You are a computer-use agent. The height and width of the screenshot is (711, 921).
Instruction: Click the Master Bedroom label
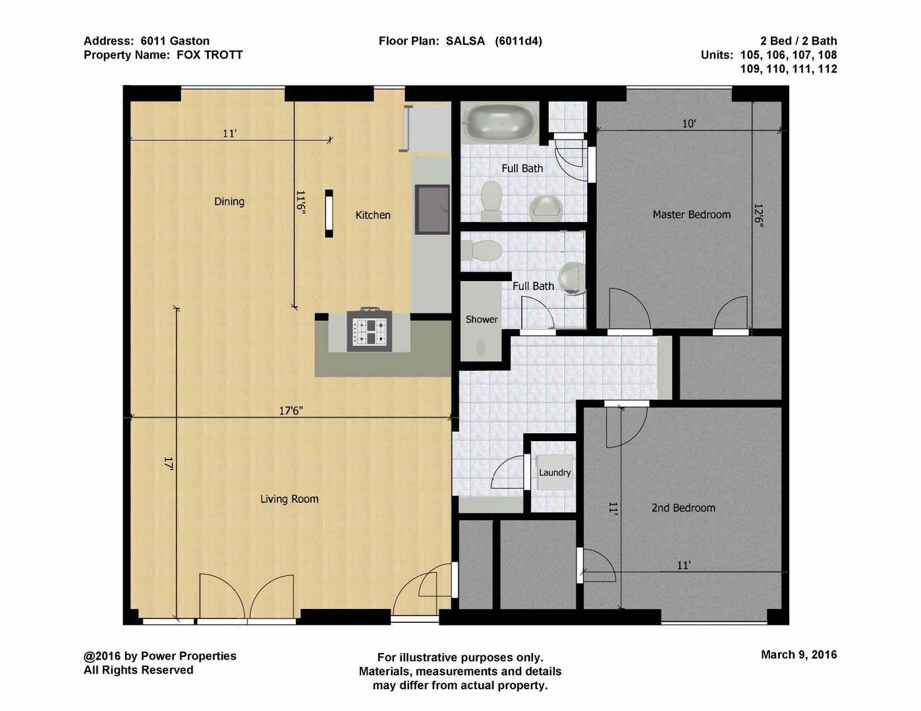(691, 215)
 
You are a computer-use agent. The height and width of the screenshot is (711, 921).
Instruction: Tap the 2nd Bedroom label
(683, 508)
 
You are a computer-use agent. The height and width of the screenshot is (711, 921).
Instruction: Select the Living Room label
(289, 499)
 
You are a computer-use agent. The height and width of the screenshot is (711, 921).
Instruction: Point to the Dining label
(229, 201)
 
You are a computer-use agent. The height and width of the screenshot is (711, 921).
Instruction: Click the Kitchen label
(373, 215)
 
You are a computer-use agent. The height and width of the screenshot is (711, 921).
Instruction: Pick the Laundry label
(555, 472)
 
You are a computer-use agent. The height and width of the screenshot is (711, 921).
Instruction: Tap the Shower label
(482, 319)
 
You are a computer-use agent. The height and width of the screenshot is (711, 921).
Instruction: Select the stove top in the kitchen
(370, 330)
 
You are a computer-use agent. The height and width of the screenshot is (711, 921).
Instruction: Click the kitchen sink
(432, 209)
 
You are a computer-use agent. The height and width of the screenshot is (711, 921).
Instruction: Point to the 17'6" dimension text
(291, 410)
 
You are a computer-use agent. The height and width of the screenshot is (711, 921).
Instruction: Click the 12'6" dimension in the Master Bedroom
(758, 216)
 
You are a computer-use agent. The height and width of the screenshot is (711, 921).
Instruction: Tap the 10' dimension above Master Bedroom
(688, 124)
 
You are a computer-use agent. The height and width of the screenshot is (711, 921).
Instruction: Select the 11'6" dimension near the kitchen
(300, 202)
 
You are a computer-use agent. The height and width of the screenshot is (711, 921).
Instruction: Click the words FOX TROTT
(209, 55)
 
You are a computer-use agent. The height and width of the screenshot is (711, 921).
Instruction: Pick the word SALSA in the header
(465, 41)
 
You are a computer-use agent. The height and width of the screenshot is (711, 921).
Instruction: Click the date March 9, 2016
(799, 654)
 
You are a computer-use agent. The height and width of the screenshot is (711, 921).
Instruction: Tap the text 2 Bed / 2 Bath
(798, 41)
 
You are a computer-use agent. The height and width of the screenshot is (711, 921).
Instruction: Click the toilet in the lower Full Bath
(482, 251)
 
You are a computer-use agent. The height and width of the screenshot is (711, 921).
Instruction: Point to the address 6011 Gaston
(175, 41)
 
